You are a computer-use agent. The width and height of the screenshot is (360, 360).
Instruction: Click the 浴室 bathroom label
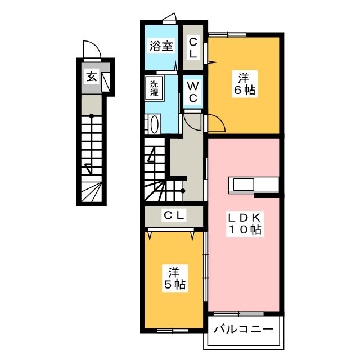point(160,46)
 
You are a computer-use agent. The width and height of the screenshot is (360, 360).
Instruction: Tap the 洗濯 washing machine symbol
point(154,88)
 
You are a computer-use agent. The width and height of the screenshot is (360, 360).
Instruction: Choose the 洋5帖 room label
point(173,277)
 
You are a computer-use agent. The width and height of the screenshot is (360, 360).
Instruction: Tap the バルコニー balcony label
point(244,329)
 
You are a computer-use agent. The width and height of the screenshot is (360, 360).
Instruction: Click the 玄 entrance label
point(91,76)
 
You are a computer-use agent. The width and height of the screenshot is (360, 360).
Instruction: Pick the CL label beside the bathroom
point(192,47)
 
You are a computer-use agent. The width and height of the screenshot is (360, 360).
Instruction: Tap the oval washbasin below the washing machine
point(154,124)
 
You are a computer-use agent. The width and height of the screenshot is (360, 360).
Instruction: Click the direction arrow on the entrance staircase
point(88,167)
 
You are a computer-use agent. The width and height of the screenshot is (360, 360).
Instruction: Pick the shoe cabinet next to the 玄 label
point(105,80)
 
